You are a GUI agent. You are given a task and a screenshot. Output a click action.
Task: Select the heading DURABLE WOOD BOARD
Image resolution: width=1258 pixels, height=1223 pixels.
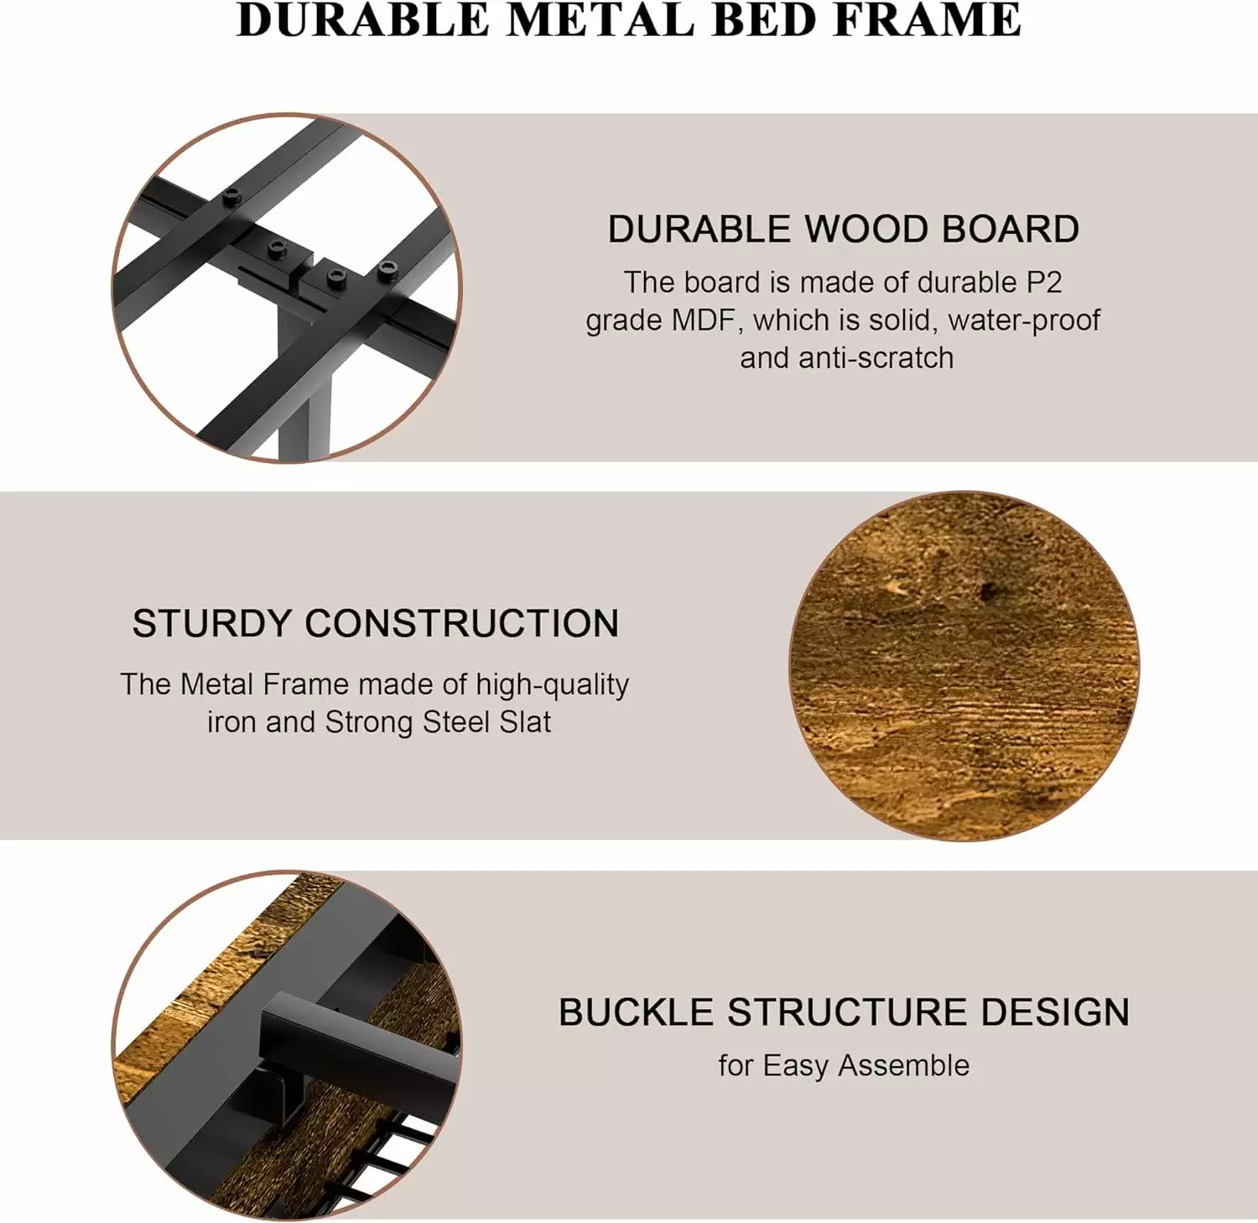(x=844, y=229)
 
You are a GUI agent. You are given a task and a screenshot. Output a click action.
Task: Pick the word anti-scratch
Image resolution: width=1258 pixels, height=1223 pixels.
(x=876, y=358)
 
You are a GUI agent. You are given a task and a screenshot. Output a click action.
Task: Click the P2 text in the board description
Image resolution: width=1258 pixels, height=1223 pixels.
(x=1043, y=283)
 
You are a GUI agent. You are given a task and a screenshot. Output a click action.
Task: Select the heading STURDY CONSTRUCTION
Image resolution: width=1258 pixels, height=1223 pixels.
(x=376, y=624)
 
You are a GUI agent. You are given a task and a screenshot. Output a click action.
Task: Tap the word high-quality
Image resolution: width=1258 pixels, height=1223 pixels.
(x=552, y=685)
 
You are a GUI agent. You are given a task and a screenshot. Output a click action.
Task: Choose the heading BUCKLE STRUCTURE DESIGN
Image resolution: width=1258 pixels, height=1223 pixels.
(x=844, y=1012)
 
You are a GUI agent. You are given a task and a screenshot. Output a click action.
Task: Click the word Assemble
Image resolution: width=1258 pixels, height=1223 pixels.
(x=903, y=1065)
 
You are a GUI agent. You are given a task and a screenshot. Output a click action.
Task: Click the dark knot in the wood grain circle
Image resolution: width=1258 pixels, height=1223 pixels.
(x=988, y=591)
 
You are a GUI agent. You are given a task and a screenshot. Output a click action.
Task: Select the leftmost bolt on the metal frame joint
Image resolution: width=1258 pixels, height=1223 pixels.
(x=231, y=198)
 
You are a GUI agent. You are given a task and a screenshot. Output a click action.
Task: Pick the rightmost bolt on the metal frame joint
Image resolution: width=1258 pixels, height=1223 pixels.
(x=387, y=270)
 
